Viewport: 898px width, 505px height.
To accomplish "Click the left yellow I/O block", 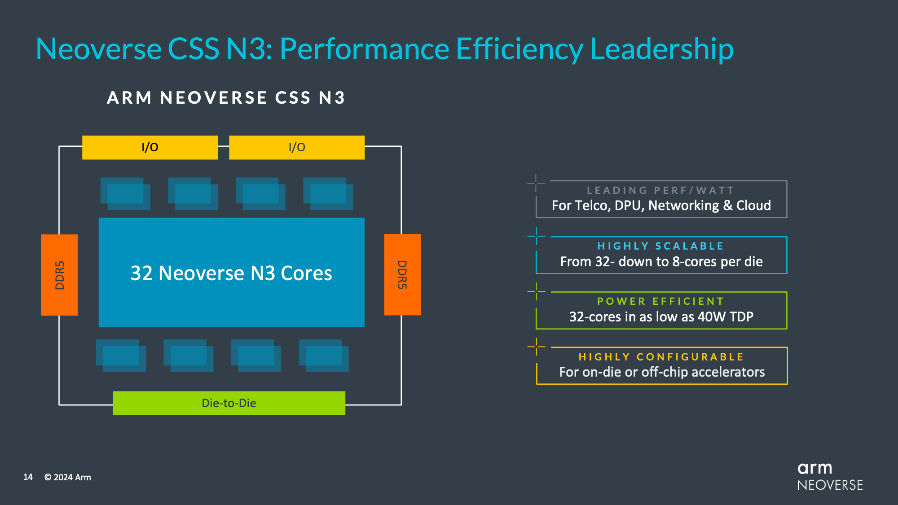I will pos(150,147).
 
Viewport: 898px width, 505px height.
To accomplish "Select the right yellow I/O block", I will pos(296,147).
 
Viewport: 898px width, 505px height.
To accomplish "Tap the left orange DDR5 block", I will pos(59,275).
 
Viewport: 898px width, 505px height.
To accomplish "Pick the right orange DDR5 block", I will pos(402,275).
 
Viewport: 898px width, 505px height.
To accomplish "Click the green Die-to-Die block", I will pos(229,403).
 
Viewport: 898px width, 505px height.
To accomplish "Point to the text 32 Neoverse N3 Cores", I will pos(231,273).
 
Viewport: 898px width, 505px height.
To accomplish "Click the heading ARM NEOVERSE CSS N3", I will pos(226,98).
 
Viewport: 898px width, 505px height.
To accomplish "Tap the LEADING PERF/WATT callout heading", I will pos(660,190).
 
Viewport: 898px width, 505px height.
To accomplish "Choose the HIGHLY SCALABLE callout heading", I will pos(660,246).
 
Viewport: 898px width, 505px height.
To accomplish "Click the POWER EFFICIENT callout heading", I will pos(660,301).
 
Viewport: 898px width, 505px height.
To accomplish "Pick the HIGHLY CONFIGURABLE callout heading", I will pos(661,357).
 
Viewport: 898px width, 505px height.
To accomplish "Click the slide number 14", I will pos(28,477).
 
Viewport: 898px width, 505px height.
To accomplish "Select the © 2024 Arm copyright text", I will pos(67,477).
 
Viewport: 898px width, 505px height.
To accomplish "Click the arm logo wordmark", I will pos(814,468).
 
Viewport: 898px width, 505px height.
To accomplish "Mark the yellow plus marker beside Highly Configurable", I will pos(537,347).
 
